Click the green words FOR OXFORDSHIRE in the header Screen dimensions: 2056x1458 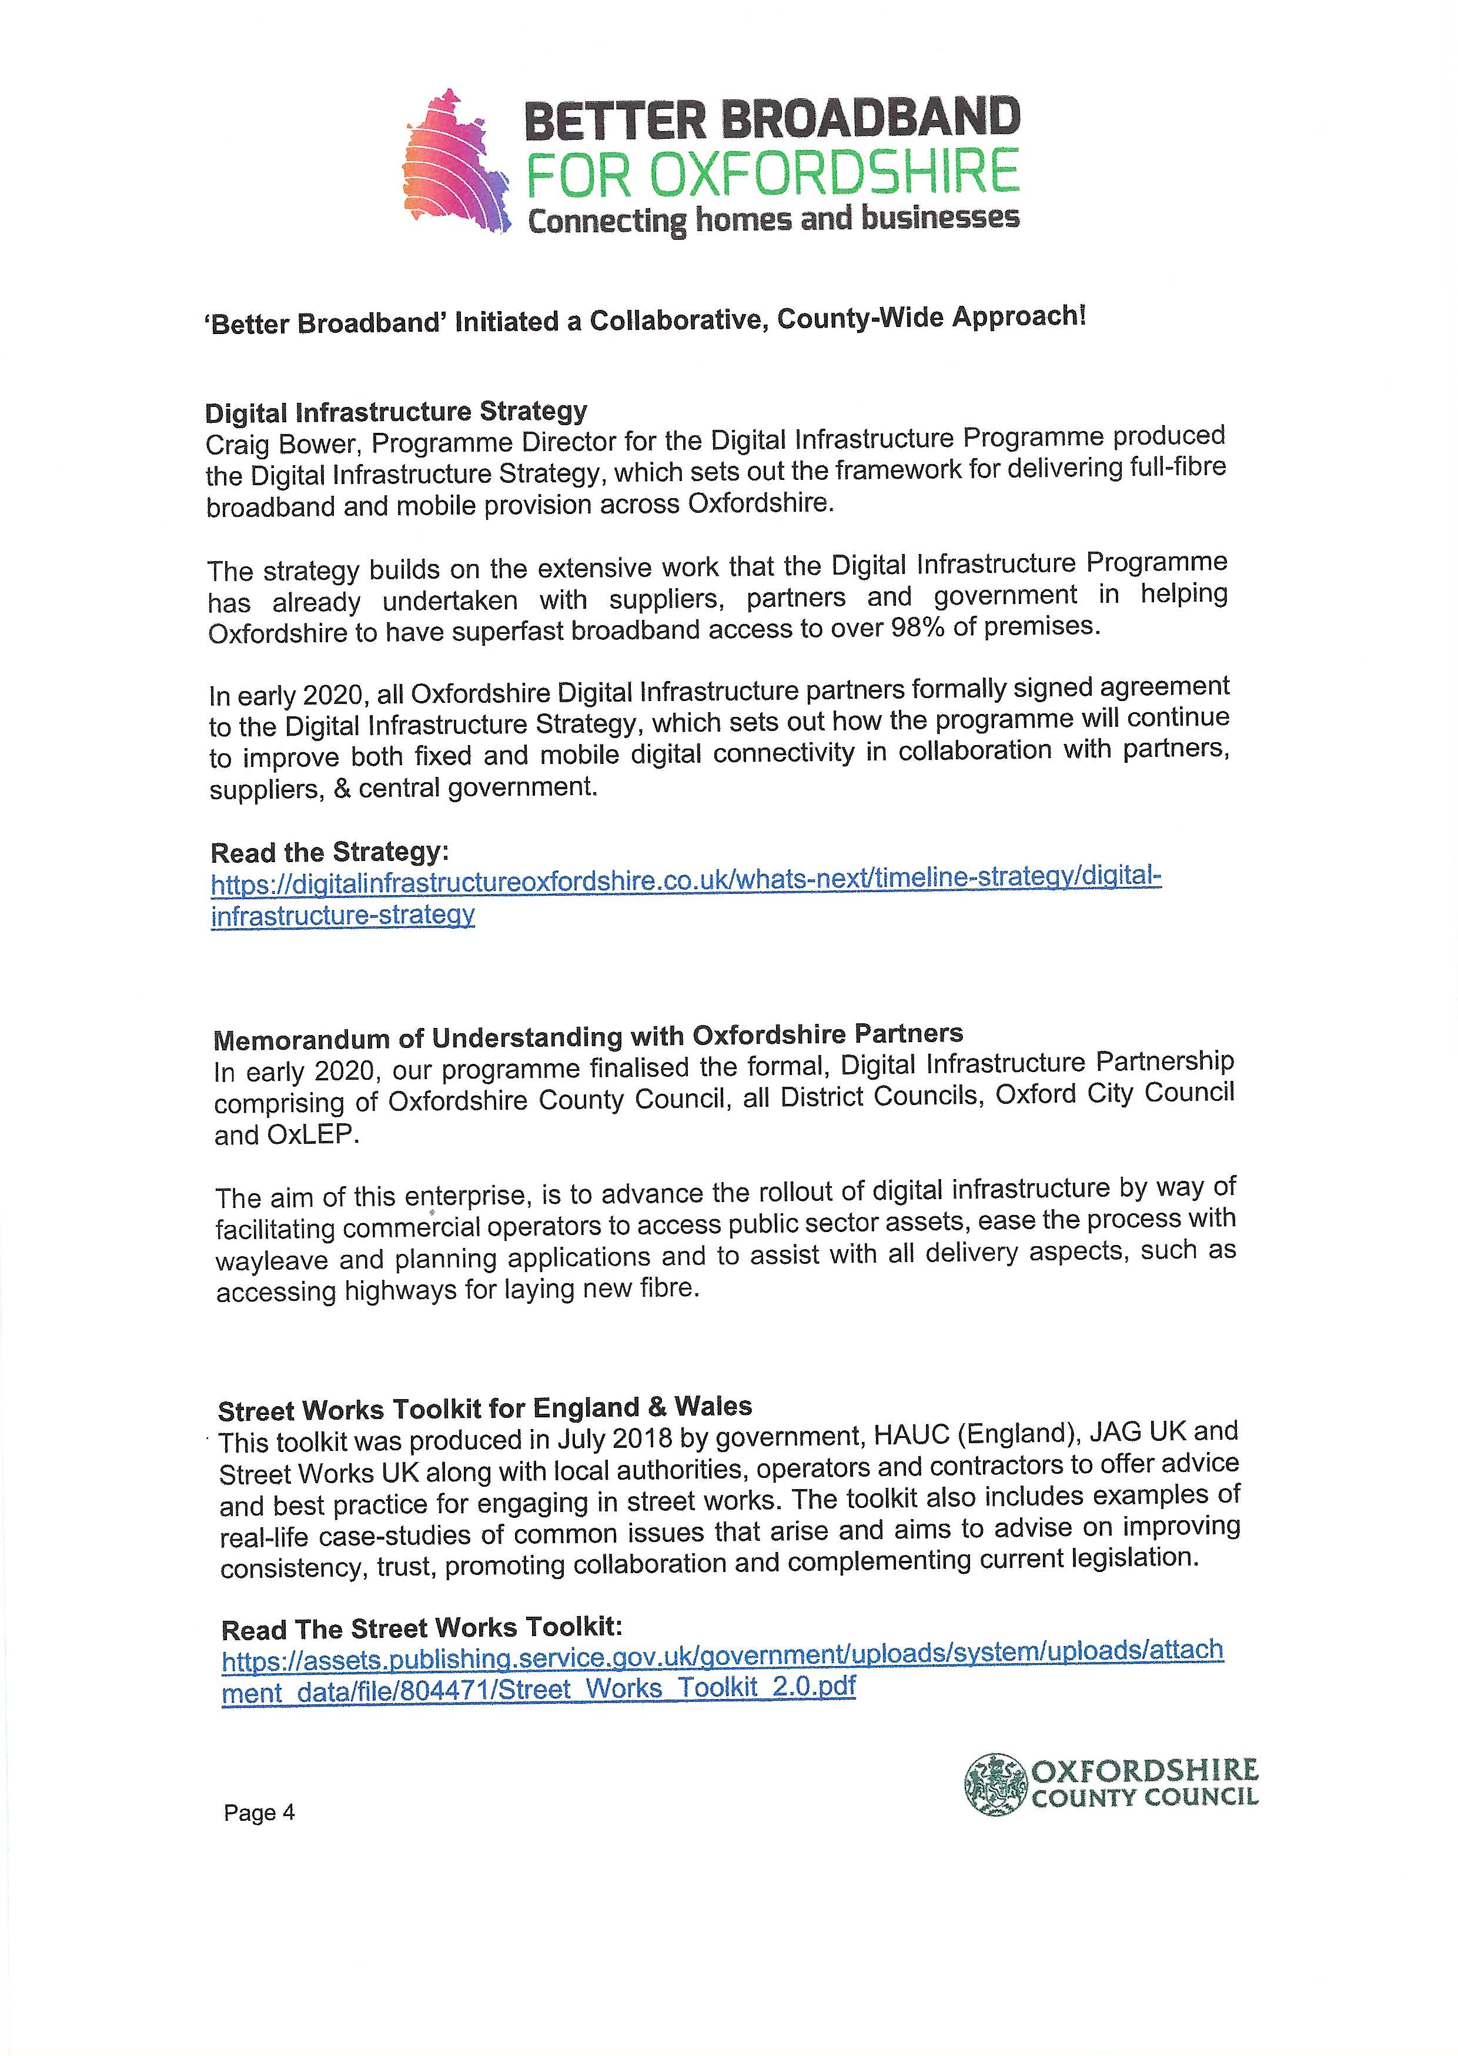pos(772,173)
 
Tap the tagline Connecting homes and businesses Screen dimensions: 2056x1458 pos(773,219)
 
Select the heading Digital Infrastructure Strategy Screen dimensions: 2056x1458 pos(396,412)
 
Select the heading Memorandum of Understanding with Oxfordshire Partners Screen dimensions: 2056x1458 pos(588,1036)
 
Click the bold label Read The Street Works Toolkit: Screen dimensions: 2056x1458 pos(422,1628)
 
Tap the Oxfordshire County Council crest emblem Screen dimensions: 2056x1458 pos(994,1781)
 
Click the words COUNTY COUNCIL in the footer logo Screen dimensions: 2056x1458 pos(1146,1797)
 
